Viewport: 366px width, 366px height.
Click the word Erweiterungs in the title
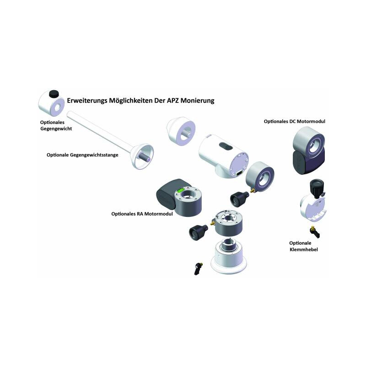click(87, 101)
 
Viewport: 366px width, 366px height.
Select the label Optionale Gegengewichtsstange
click(82, 155)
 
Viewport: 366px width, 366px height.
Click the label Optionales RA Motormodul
click(142, 214)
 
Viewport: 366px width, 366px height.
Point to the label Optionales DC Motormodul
click(294, 121)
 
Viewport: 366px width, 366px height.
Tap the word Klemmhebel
click(304, 249)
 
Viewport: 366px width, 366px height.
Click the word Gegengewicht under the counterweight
click(56, 129)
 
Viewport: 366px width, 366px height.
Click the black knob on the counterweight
click(54, 94)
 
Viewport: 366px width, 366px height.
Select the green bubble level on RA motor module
click(180, 190)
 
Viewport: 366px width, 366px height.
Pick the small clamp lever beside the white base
click(198, 269)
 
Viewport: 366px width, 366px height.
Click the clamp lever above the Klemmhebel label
click(315, 232)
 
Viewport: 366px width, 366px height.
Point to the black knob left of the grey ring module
click(198, 232)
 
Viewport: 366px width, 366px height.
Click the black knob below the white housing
click(239, 199)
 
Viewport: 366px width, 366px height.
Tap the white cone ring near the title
click(181, 131)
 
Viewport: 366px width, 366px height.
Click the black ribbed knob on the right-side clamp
click(317, 188)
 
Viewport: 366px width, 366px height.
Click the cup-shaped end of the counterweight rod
click(142, 156)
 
